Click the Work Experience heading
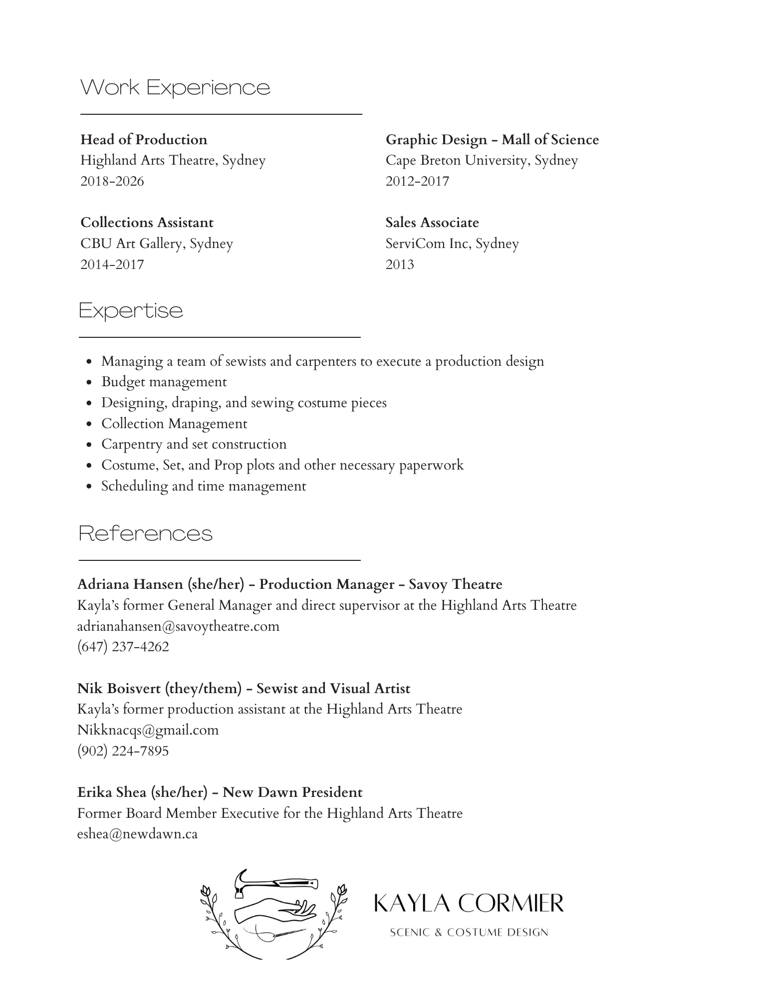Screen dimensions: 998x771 175,88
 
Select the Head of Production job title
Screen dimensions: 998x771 144,140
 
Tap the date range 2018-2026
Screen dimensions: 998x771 112,181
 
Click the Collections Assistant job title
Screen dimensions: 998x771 147,223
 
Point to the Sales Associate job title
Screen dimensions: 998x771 432,223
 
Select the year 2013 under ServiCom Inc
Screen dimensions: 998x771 400,264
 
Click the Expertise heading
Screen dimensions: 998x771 131,311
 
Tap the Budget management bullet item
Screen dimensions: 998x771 164,382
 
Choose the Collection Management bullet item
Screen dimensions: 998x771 174,424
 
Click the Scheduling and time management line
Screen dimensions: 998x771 204,486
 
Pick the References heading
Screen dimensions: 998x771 146,534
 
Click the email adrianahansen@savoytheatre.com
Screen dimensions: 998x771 178,626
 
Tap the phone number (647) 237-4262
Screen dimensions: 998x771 123,647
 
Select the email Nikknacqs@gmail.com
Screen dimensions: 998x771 148,730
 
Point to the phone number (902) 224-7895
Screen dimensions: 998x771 123,751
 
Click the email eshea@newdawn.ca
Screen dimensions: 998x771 138,834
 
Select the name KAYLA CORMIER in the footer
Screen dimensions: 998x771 469,903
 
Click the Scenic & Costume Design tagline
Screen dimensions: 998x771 469,932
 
